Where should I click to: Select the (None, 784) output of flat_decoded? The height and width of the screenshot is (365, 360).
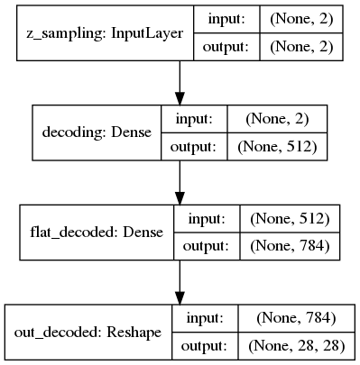coord(289,246)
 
